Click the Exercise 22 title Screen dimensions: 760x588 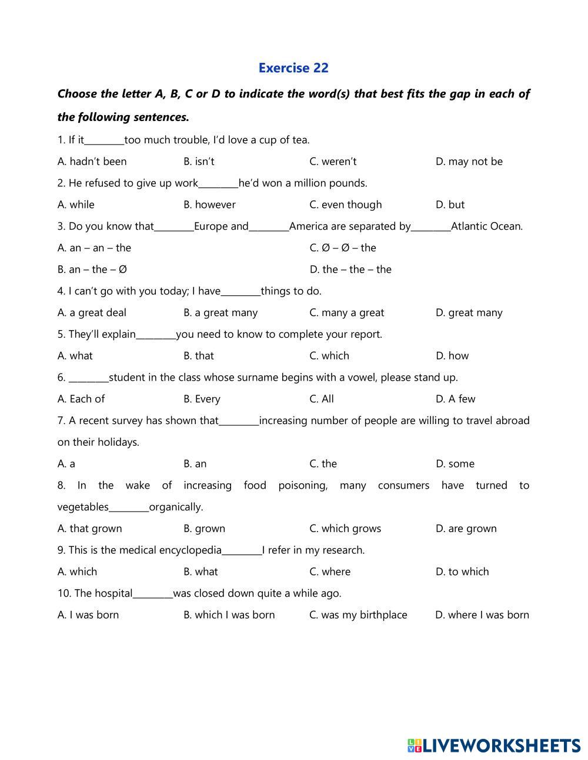293,68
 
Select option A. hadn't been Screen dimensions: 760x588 92,162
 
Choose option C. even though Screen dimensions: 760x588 345,204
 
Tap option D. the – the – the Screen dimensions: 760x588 350,270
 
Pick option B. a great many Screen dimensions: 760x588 220,312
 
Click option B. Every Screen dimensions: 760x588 202,399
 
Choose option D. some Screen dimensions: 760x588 455,464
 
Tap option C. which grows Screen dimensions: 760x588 345,529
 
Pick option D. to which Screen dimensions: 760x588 462,572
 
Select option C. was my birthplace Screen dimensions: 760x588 358,615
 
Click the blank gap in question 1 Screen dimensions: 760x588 104,141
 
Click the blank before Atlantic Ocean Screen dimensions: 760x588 430,227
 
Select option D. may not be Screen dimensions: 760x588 469,162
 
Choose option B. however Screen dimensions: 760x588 209,204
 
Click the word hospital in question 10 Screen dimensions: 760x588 113,593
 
